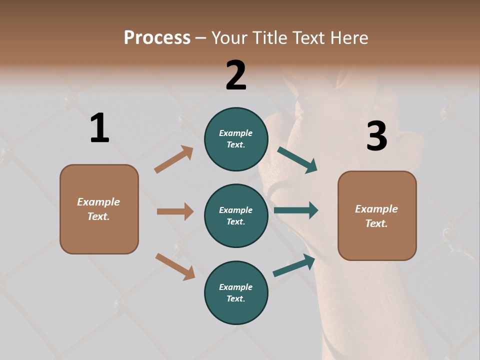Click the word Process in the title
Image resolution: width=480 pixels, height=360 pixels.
click(x=157, y=38)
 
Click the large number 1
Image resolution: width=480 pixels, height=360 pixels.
click(x=99, y=128)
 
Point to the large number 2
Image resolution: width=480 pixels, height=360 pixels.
click(x=236, y=75)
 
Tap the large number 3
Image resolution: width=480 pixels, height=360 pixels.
click(x=376, y=136)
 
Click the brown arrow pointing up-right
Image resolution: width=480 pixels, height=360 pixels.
click(x=174, y=159)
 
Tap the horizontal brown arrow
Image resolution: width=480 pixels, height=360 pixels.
click(x=175, y=211)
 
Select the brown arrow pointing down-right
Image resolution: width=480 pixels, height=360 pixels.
click(x=175, y=266)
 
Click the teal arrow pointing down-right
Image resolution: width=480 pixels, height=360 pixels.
click(x=297, y=160)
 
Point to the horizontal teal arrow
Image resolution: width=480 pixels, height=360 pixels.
click(x=296, y=210)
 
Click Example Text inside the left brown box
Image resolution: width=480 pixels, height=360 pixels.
click(x=98, y=209)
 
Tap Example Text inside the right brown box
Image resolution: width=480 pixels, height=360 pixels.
click(x=376, y=216)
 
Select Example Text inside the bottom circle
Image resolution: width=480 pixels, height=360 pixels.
click(x=236, y=292)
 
